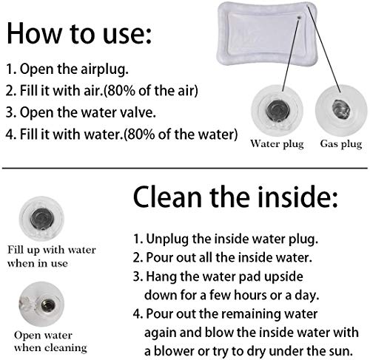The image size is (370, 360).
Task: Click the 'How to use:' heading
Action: [x=79, y=33]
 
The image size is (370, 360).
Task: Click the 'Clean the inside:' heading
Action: [x=235, y=197]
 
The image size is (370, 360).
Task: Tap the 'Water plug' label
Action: [x=277, y=144]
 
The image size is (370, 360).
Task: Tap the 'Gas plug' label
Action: [x=341, y=144]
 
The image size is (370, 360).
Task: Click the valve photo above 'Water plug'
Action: [x=277, y=110]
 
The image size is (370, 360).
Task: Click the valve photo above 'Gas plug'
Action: [x=341, y=110]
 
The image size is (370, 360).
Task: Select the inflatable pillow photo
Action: [x=267, y=34]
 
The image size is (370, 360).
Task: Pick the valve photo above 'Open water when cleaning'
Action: [x=41, y=305]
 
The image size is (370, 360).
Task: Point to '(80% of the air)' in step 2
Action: [x=150, y=91]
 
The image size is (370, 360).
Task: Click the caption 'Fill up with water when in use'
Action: [x=51, y=257]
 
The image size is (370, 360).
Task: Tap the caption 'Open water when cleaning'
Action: [x=50, y=342]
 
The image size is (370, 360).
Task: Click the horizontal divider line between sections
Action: [x=185, y=169]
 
